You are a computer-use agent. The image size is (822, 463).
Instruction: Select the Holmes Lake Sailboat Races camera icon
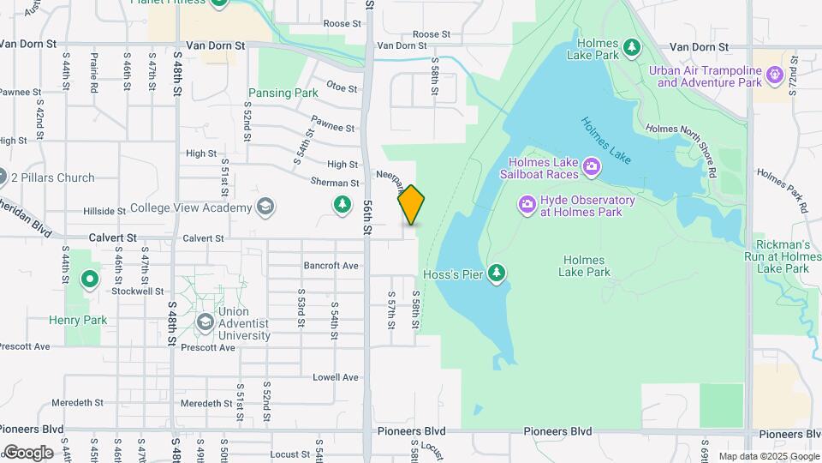pos(592,165)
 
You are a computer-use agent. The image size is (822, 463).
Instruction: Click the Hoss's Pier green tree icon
pos(496,274)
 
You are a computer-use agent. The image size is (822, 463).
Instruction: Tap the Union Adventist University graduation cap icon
pos(204,322)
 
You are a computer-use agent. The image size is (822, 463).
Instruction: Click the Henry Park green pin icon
pos(89,280)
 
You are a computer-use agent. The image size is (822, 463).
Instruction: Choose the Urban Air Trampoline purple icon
pos(776,75)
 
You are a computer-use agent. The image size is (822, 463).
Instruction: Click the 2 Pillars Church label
pos(53,178)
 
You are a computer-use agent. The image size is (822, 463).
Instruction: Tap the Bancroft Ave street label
pos(331,266)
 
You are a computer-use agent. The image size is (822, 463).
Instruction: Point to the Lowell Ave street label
pos(335,377)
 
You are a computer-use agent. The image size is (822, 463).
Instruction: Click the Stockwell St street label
pos(137,291)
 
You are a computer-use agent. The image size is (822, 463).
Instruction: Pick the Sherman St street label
pos(335,183)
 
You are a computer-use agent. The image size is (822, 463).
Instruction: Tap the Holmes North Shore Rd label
pos(685,129)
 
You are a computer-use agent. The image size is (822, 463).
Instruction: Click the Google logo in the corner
pos(27,452)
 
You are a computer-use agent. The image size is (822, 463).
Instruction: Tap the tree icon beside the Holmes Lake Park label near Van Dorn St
pos(631,45)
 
